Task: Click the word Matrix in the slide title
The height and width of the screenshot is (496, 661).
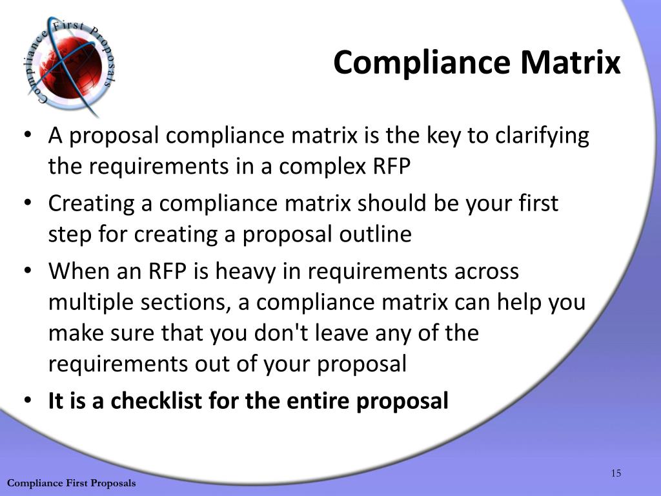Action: tap(571, 63)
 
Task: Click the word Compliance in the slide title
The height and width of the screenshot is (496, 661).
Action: tap(422, 63)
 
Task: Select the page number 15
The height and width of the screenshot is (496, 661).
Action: tap(616, 473)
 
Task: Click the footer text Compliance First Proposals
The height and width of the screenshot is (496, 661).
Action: tap(72, 483)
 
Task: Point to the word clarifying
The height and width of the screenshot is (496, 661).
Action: tap(542, 137)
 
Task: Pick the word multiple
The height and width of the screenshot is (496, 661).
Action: tap(90, 303)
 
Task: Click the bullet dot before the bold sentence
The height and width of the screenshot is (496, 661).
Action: tap(27, 399)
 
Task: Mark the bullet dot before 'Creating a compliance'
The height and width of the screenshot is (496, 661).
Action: tap(27, 202)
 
